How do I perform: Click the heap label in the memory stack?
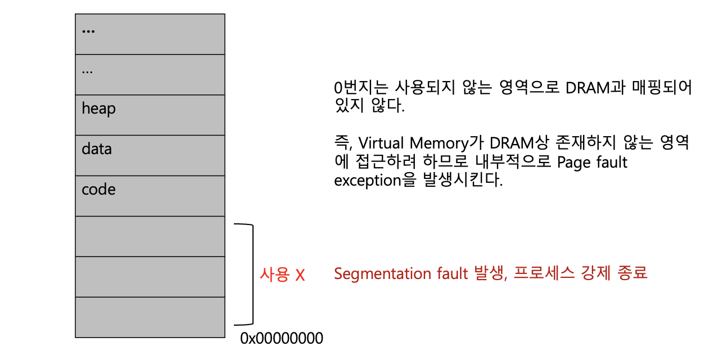click(98, 109)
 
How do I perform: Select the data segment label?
click(97, 149)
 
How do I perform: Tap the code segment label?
click(98, 190)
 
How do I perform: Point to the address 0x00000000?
click(282, 339)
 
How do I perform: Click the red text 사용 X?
click(282, 275)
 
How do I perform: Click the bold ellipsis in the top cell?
click(88, 31)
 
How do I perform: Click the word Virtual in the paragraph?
click(382, 143)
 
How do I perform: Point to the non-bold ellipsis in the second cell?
click(87, 71)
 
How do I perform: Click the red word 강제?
click(594, 274)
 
